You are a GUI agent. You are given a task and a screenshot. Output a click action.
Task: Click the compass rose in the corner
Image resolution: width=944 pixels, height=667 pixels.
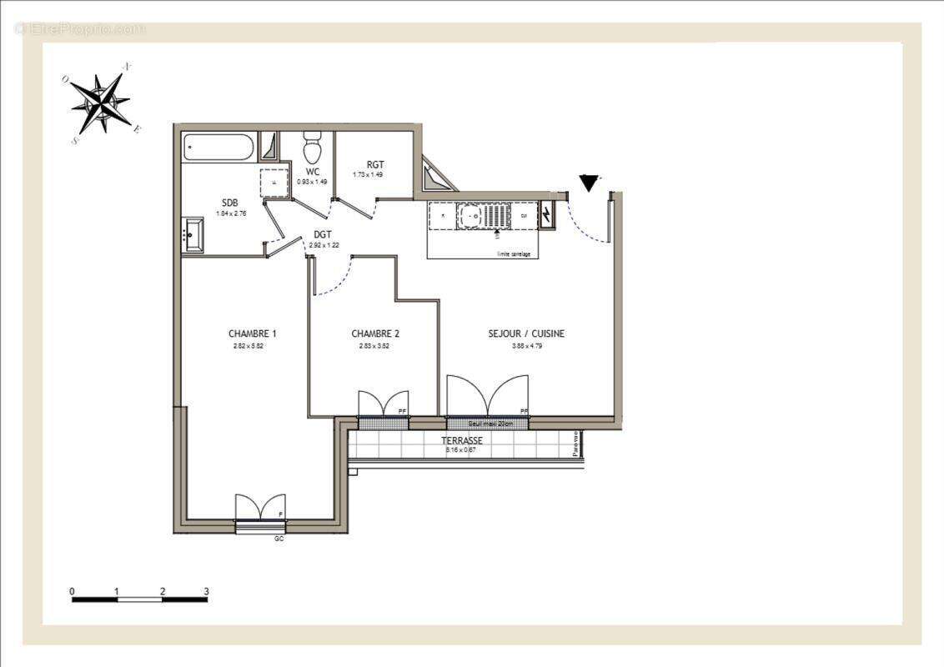[x=101, y=104]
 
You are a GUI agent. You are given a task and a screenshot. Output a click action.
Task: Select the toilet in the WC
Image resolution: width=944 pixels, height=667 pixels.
[x=313, y=148]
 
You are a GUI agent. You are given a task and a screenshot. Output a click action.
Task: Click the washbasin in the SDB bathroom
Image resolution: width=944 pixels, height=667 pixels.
[x=193, y=234]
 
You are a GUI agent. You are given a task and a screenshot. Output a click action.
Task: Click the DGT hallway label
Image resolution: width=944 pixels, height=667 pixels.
[x=324, y=235]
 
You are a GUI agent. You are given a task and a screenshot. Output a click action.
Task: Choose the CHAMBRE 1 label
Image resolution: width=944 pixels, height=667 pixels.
[x=252, y=333]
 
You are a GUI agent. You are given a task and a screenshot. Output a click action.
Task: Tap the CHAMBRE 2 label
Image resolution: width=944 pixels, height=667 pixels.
[x=374, y=333]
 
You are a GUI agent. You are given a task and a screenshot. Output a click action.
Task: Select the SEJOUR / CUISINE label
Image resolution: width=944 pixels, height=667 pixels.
[x=526, y=333]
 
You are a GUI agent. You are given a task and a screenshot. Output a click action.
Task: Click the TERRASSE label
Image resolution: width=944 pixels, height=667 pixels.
[x=461, y=440]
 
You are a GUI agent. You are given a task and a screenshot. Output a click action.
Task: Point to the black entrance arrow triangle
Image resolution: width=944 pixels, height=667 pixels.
[x=590, y=183]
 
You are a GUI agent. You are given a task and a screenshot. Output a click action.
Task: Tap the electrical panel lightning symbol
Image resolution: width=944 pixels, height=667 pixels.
[x=546, y=214]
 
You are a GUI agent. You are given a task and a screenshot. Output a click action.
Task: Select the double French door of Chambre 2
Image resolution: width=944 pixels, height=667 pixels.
[x=384, y=404]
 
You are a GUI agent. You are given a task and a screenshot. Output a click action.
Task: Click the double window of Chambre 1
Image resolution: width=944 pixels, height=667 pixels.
[x=260, y=509]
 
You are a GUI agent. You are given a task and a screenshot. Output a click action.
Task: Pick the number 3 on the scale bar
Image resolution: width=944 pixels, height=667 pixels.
[x=206, y=591]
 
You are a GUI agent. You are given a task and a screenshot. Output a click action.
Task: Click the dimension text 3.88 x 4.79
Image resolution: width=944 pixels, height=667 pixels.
[x=526, y=346]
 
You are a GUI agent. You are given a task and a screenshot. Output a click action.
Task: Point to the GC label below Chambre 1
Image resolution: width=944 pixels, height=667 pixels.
[x=279, y=539]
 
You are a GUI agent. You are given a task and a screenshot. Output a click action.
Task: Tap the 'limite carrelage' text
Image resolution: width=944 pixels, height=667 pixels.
[x=514, y=253]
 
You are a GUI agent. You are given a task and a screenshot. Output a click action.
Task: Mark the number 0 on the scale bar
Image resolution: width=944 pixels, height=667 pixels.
[x=73, y=591]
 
